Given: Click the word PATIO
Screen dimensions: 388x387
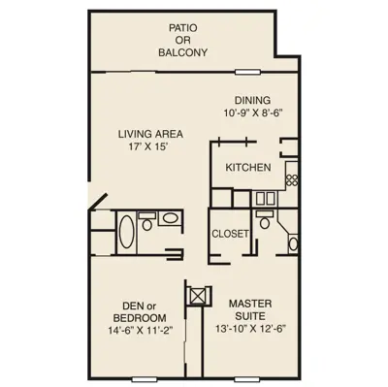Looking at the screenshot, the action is pyautogui.click(x=182, y=28).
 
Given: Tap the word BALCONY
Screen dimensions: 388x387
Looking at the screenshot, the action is pyautogui.click(x=182, y=52).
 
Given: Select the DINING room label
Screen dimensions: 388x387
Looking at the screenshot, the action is pyautogui.click(x=252, y=100).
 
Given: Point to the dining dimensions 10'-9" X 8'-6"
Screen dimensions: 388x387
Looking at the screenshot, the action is pyautogui.click(x=253, y=113).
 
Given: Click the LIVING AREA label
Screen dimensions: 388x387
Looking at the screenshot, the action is pyautogui.click(x=150, y=134).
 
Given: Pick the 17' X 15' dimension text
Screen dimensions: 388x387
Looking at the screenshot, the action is pyautogui.click(x=148, y=146).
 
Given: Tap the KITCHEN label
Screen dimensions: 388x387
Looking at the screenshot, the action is pyautogui.click(x=248, y=168).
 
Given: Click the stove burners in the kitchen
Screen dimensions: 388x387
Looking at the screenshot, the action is pyautogui.click(x=292, y=179).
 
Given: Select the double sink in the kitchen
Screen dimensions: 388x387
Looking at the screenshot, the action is pyautogui.click(x=265, y=199).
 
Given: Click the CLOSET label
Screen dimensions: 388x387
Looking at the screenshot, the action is pyautogui.click(x=230, y=234).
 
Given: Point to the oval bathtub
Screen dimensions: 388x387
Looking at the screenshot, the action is pyautogui.click(x=126, y=232).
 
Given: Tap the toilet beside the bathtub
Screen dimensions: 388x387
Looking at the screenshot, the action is pyautogui.click(x=147, y=221).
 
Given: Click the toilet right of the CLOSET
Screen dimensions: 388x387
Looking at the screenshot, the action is pyautogui.click(x=265, y=220).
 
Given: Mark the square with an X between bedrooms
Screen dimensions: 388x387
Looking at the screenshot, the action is pyautogui.click(x=197, y=295).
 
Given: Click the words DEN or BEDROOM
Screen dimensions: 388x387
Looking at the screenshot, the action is pyautogui.click(x=140, y=311).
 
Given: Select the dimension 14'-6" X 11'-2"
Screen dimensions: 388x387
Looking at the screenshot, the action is pyautogui.click(x=141, y=331).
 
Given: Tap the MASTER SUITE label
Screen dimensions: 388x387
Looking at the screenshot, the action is pyautogui.click(x=250, y=309).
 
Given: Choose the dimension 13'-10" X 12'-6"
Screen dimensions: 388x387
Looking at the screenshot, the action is pyautogui.click(x=251, y=329).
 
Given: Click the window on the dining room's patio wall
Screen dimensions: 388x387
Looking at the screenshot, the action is pyautogui.click(x=247, y=72).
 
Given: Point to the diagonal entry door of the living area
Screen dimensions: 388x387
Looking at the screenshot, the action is pyautogui.click(x=98, y=202).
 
